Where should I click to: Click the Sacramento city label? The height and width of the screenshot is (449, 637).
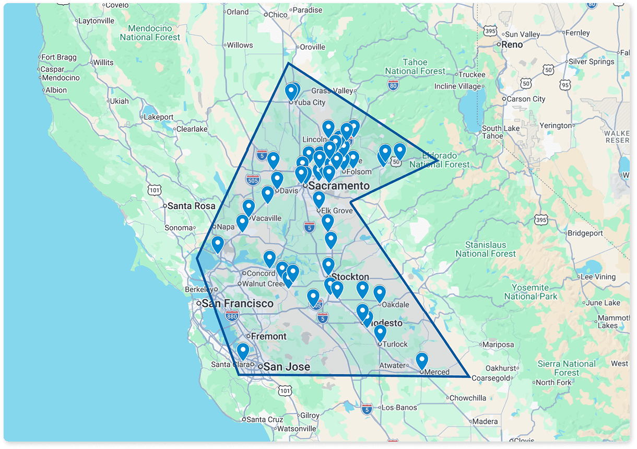[x=339, y=186]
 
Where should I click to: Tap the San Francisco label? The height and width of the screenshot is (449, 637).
[x=238, y=304]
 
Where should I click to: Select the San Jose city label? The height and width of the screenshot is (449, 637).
[x=286, y=367]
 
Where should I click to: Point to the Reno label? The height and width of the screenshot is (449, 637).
[x=512, y=45]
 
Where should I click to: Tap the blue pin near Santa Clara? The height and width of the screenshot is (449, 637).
[x=243, y=351]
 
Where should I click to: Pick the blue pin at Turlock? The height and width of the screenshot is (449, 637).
[x=380, y=333]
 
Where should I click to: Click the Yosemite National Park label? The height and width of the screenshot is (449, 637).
[x=530, y=292]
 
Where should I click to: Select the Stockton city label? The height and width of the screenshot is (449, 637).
[x=350, y=277]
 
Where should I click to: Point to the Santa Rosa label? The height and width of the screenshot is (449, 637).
[x=191, y=206]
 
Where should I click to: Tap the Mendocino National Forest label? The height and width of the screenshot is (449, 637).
[x=150, y=32]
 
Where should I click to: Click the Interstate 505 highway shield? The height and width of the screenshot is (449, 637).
[x=253, y=180]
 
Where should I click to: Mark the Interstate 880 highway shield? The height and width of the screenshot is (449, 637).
[x=232, y=316]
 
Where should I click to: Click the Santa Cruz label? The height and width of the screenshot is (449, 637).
[x=265, y=419]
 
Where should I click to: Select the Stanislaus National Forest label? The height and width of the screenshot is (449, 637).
[x=486, y=249]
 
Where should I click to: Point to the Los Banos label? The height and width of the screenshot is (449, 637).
[x=399, y=408]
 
